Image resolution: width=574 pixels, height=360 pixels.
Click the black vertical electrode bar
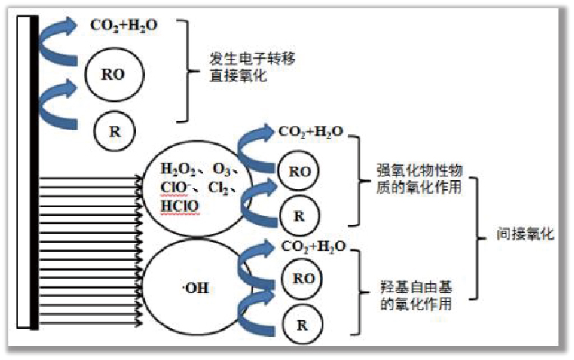[33, 172]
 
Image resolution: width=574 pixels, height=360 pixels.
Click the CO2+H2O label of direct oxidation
[124, 25]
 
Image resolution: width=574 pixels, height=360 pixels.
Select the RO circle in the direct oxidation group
[115, 74]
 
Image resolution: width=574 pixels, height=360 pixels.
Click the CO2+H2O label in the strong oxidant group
[311, 131]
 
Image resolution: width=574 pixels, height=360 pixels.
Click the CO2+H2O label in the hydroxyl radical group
[313, 246]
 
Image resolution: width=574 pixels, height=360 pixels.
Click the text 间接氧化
[526, 235]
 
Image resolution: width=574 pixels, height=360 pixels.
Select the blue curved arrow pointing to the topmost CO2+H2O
[61, 37]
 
